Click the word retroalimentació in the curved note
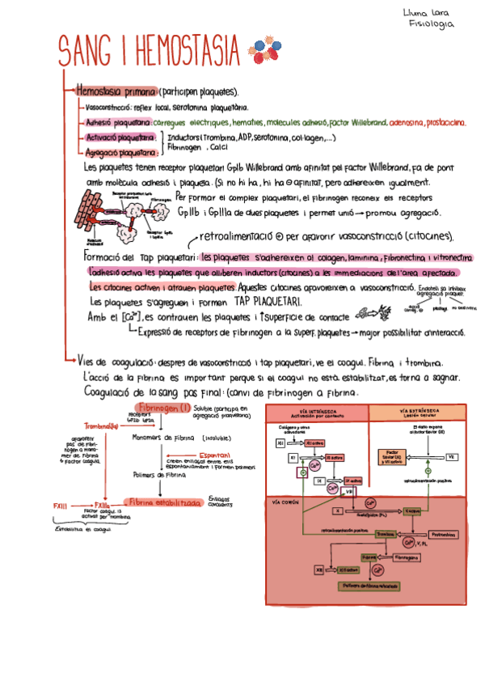click(235, 237)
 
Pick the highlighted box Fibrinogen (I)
click(164, 408)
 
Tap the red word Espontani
click(214, 455)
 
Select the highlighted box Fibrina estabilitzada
click(165, 502)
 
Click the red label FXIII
click(61, 506)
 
